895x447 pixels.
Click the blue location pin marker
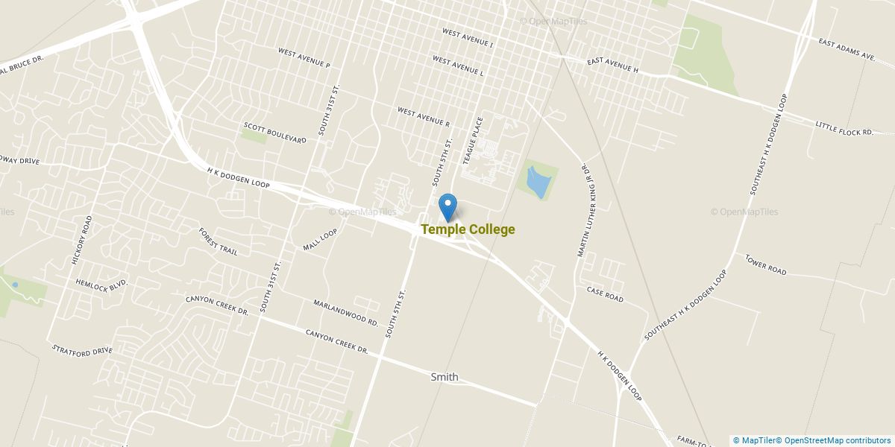point(447,205)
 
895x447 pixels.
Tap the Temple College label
point(468,229)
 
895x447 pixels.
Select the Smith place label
point(445,377)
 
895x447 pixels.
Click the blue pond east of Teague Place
point(537,182)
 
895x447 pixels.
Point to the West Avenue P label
point(304,58)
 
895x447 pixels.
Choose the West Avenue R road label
point(424,116)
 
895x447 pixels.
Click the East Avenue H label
point(613,65)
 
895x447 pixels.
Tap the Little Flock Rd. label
point(844,127)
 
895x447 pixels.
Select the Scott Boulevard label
point(274,133)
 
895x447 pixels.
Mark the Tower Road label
point(765,264)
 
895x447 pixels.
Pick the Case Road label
point(604,294)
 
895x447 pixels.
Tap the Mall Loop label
point(320,239)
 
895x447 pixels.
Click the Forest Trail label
point(218,242)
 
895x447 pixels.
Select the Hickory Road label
point(81,240)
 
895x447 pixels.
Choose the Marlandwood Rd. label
point(347,312)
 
